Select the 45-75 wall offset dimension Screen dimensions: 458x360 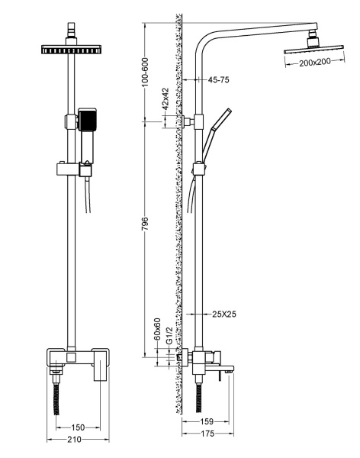[x=219, y=79]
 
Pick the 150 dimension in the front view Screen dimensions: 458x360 [x=78, y=427]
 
